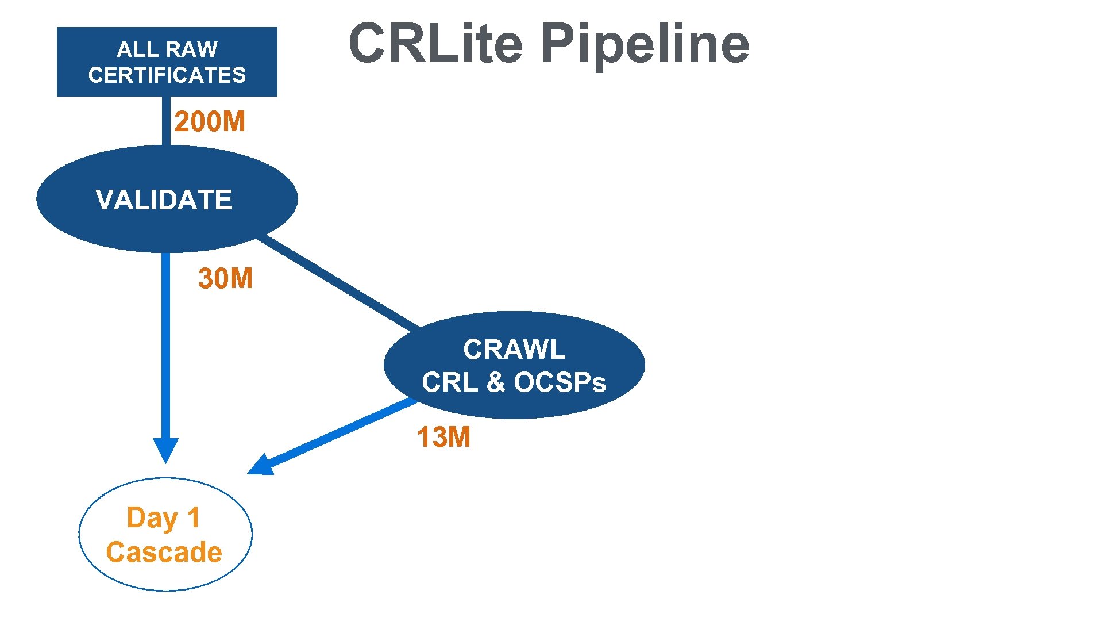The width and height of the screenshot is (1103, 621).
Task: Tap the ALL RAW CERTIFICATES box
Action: (167, 62)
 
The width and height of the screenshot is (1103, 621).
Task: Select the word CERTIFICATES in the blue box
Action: (167, 75)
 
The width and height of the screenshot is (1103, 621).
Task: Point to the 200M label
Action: (210, 122)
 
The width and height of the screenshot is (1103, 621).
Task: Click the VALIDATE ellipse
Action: (167, 200)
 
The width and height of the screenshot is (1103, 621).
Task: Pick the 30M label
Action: (225, 278)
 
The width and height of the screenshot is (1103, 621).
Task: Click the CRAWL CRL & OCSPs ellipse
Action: (514, 365)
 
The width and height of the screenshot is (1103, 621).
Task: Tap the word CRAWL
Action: (514, 350)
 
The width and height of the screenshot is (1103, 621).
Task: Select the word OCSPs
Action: (560, 382)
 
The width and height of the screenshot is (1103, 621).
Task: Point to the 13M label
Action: (443, 437)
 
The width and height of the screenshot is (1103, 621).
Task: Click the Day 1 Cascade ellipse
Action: (165, 535)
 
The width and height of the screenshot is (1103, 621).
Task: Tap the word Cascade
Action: (164, 552)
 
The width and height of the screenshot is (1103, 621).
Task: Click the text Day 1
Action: (163, 517)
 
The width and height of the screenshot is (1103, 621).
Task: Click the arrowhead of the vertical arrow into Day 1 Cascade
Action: (165, 450)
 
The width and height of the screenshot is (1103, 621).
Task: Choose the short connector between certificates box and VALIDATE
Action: (166, 121)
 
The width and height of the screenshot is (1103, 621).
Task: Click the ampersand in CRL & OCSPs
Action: (495, 382)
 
